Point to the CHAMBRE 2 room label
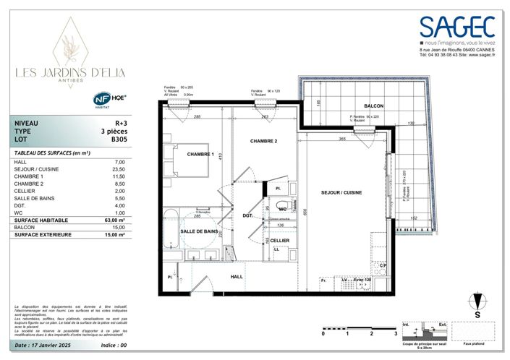(264, 140)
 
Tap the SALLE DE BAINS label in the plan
(200, 231)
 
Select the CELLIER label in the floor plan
(280, 240)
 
